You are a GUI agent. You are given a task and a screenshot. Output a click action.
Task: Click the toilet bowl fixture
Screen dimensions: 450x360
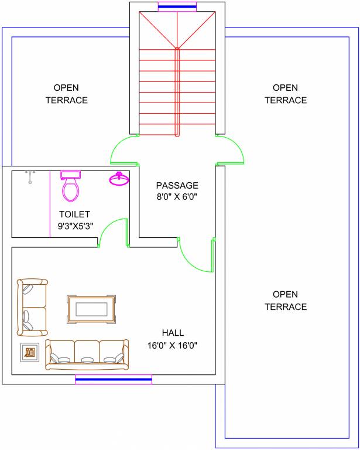point(71,187)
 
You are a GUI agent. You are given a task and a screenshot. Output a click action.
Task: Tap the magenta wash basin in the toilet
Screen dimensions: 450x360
point(119,179)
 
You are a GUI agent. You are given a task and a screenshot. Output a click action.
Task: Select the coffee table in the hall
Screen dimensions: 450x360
point(92,309)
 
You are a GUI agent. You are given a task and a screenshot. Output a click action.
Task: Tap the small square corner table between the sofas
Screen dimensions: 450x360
point(30,352)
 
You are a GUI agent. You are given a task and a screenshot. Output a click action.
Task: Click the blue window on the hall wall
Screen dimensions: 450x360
point(114,380)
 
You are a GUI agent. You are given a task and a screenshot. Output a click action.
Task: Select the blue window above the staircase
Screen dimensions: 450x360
point(177,7)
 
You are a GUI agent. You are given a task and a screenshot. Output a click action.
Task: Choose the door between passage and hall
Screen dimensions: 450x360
point(196,257)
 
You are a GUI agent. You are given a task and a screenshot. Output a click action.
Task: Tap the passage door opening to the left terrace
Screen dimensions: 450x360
point(124,150)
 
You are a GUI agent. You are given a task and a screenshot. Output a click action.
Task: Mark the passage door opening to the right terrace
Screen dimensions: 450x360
point(230,150)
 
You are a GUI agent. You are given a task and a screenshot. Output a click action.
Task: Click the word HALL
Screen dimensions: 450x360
point(173,333)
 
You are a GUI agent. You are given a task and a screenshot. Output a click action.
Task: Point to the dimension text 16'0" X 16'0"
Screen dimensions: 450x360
point(173,346)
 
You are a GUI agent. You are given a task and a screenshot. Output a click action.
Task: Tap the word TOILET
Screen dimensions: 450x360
point(74,214)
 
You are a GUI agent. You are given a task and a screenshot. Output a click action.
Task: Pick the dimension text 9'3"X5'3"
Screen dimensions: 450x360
point(74,226)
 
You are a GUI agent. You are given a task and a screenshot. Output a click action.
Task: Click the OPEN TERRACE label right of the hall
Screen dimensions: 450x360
point(286,301)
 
